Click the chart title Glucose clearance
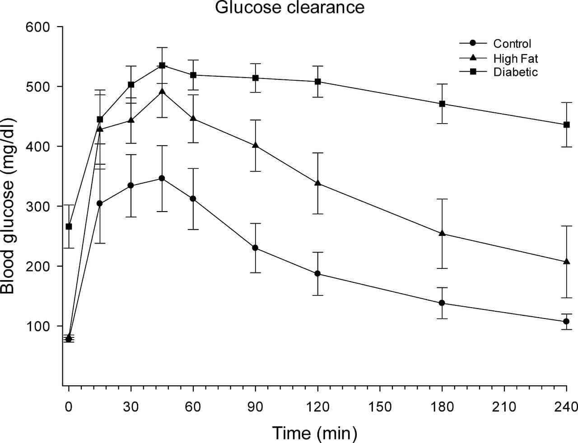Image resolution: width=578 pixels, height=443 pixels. [289, 8]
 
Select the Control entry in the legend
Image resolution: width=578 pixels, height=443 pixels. [512, 44]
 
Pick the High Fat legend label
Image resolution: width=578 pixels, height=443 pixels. [516, 58]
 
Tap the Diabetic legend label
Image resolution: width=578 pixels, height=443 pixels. [515, 72]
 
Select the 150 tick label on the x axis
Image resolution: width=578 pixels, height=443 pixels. [380, 407]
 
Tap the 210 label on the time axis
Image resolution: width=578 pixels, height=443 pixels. [504, 407]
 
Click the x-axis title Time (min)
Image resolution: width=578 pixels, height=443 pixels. [314, 433]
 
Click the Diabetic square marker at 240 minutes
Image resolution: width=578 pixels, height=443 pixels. [566, 125]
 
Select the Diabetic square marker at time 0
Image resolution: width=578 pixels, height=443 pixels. [69, 226]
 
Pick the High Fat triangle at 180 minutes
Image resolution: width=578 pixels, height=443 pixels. [442, 233]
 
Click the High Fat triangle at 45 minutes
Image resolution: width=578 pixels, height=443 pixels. [162, 92]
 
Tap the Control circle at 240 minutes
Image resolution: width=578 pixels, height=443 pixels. [566, 321]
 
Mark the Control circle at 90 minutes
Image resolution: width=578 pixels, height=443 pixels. [255, 248]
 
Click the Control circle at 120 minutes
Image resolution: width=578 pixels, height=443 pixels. [317, 273]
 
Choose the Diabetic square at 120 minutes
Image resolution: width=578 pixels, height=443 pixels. [317, 82]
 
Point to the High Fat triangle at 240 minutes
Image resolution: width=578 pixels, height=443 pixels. [566, 262]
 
